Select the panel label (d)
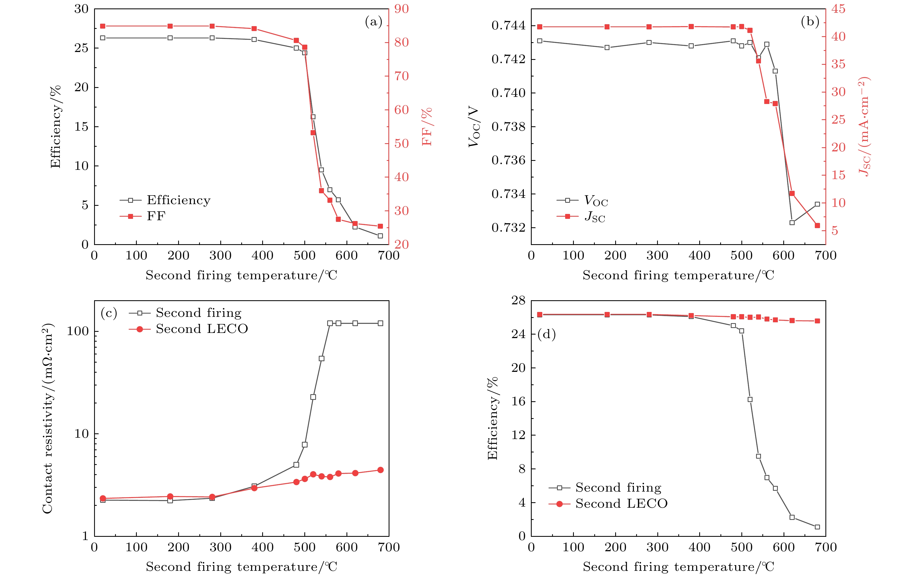pyautogui.click(x=546, y=334)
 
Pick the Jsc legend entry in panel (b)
pyautogui.click(x=595, y=217)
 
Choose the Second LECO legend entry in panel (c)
pyautogui.click(x=202, y=329)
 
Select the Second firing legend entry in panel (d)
pyautogui.click(x=618, y=488)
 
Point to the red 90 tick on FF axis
pyautogui.click(x=401, y=9)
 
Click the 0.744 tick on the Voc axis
pyautogui.click(x=508, y=26)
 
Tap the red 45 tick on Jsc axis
pyautogui.click(x=838, y=9)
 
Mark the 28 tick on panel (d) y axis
pyautogui.click(x=518, y=301)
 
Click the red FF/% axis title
pyautogui.click(x=427, y=127)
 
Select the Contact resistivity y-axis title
pyautogui.click(x=47, y=418)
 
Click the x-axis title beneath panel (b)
pyautogui.click(x=678, y=275)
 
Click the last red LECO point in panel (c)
pyautogui.click(x=380, y=470)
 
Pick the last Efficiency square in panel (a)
pyautogui.click(x=380, y=236)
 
